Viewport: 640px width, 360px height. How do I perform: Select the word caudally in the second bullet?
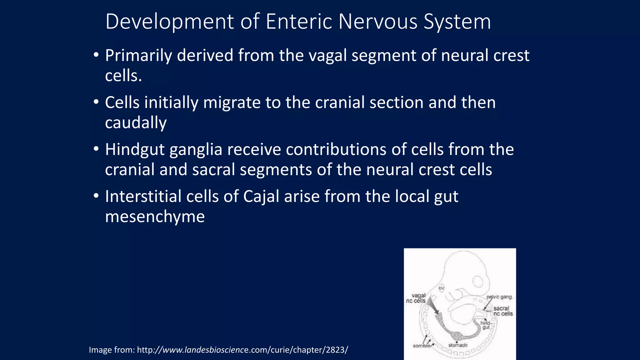pyautogui.click(x=136, y=122)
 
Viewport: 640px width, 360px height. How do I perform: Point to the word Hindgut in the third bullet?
pyautogui.click(x=135, y=149)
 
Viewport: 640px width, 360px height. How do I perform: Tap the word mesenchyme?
pyautogui.click(x=155, y=217)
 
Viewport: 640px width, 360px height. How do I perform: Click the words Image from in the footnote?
pyautogui.click(x=112, y=350)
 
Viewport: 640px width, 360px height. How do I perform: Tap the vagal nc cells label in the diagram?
pyautogui.click(x=416, y=298)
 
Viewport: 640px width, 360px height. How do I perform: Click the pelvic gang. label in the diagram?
pyautogui.click(x=499, y=297)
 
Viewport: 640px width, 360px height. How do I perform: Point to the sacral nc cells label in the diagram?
pyautogui.click(x=502, y=311)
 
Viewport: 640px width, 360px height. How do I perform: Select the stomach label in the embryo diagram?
pyautogui.click(x=457, y=345)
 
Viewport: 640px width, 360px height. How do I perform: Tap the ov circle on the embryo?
pyautogui.click(x=441, y=288)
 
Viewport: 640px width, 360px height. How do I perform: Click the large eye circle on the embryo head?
pyautogui.click(x=477, y=282)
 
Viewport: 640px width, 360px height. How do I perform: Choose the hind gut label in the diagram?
pyautogui.click(x=485, y=325)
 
